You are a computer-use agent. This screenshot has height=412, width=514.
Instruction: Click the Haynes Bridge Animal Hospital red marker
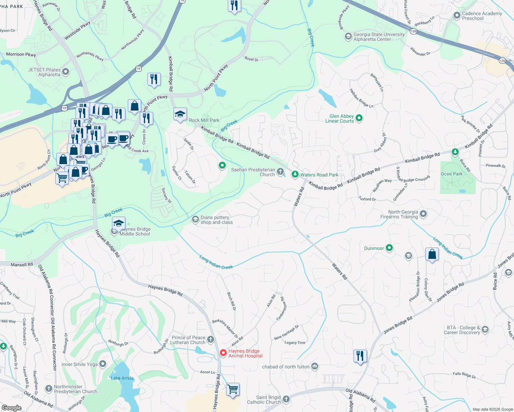click(x=223, y=353)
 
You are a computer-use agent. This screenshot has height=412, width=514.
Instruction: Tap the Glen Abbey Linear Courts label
click(x=339, y=118)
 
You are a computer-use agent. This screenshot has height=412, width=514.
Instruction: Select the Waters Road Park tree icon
click(x=295, y=174)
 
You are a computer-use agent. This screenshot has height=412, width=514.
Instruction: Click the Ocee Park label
click(x=451, y=174)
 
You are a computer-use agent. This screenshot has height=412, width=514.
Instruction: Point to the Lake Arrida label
click(x=122, y=378)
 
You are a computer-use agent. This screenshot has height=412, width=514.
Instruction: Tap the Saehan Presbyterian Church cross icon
click(x=281, y=172)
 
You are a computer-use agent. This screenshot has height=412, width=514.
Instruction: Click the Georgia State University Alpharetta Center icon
click(x=348, y=36)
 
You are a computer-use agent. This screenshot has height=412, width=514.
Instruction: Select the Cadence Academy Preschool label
click(x=482, y=16)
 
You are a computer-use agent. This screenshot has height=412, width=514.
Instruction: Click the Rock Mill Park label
click(x=204, y=120)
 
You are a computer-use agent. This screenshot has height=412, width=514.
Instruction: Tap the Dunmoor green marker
click(x=389, y=248)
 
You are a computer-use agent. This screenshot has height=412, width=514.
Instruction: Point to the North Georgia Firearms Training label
click(x=399, y=214)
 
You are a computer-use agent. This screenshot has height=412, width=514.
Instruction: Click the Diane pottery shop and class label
click(x=216, y=220)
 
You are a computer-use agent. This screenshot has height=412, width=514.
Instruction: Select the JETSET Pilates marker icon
click(x=66, y=72)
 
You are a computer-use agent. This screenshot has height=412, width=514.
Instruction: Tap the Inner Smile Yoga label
click(x=79, y=364)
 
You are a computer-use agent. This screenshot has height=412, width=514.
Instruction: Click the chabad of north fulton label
click(x=286, y=367)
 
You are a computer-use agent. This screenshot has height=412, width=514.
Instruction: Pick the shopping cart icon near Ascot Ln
click(x=233, y=389)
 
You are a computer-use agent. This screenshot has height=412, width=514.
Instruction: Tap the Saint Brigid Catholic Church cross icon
click(x=286, y=399)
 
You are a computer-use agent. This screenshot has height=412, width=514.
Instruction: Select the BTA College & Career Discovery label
click(x=462, y=330)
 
